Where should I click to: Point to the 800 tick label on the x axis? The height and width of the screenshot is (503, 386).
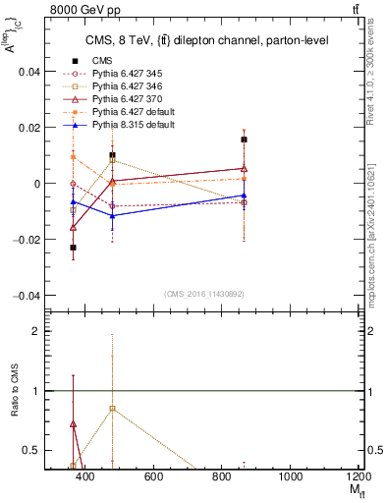click(x=221, y=476)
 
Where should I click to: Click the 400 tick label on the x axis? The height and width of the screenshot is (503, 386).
click(x=84, y=476)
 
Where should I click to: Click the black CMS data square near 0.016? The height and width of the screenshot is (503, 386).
click(x=244, y=140)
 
